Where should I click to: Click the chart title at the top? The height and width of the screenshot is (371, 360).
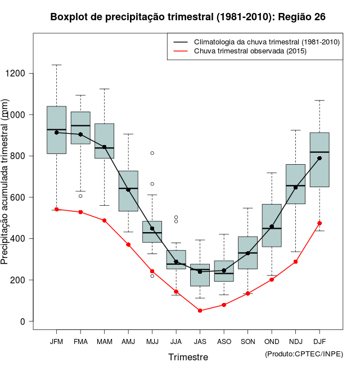coord(188,17)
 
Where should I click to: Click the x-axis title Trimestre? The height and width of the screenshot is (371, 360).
coord(188,357)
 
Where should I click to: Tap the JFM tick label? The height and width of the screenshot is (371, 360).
coord(56,341)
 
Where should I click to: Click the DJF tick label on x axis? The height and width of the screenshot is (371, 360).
coord(319,341)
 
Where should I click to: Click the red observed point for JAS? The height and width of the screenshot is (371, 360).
coord(200,310)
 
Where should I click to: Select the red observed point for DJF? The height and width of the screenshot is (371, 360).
coord(319,223)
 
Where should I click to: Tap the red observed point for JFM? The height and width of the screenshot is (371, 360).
coord(56,209)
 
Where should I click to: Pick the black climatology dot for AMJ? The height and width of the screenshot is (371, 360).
coord(128,189)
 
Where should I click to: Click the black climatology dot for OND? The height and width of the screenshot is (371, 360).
coord(272,227)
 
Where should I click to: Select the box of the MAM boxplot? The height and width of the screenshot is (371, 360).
coord(104,141)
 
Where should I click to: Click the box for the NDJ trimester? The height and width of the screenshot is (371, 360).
coord(295,184)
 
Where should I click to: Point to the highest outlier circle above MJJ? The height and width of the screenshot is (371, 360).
coord(152,153)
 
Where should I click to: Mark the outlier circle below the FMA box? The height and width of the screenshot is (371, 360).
coord(80,196)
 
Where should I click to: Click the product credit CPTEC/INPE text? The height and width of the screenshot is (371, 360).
coord(304,353)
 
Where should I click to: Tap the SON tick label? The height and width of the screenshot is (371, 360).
coord(247,341)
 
